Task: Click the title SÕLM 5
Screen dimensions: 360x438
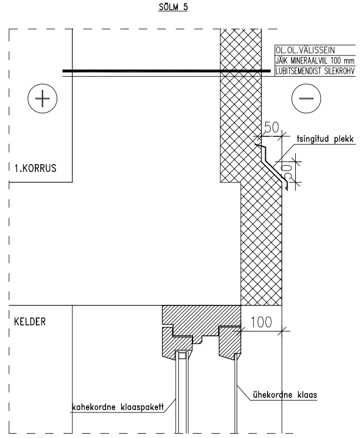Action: (173, 7)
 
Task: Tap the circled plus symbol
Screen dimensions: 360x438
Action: (42, 98)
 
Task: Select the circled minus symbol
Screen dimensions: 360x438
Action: (306, 98)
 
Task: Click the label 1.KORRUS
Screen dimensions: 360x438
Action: (35, 168)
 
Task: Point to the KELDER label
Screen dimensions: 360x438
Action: (29, 322)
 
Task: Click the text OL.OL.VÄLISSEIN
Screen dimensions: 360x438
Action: (305, 51)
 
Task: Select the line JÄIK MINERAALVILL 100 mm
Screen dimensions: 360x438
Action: (315, 61)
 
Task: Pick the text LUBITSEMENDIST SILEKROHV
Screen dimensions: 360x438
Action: (315, 71)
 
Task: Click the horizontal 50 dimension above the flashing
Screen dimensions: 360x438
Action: (271, 127)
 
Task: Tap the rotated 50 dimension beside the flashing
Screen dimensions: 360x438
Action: (287, 172)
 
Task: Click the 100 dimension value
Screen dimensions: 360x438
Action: (261, 322)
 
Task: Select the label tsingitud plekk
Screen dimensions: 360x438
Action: (325, 139)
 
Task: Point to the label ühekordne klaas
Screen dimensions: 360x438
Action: (285, 395)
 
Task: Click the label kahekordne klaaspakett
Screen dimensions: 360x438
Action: (117, 407)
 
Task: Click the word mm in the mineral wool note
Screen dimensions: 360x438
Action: (349, 61)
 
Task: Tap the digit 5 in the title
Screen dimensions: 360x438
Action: (185, 7)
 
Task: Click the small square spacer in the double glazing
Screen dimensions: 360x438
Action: (182, 356)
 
